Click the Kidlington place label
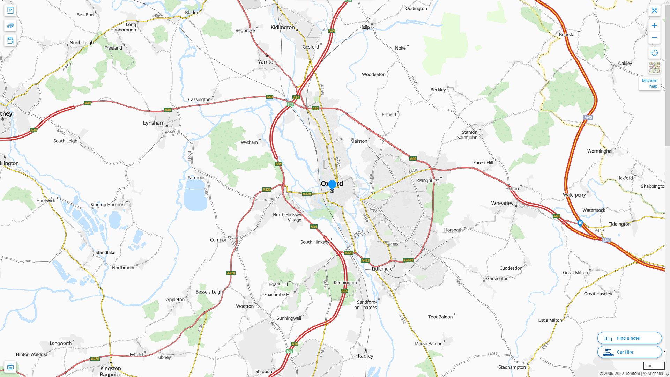(x=283, y=27)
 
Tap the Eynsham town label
(x=154, y=123)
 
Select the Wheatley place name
(x=502, y=203)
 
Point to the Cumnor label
(x=218, y=240)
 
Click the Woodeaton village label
(x=373, y=74)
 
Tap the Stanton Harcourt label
(x=107, y=205)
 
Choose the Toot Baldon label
(x=440, y=317)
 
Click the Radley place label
(x=365, y=356)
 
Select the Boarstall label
(x=568, y=35)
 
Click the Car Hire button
(x=630, y=352)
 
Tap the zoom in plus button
(x=654, y=25)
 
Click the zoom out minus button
(x=654, y=38)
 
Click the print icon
(x=10, y=367)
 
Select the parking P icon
(x=10, y=10)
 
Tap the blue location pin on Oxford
(x=332, y=184)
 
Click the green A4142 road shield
(x=408, y=260)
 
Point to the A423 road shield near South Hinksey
(x=349, y=253)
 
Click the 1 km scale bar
(x=654, y=366)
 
